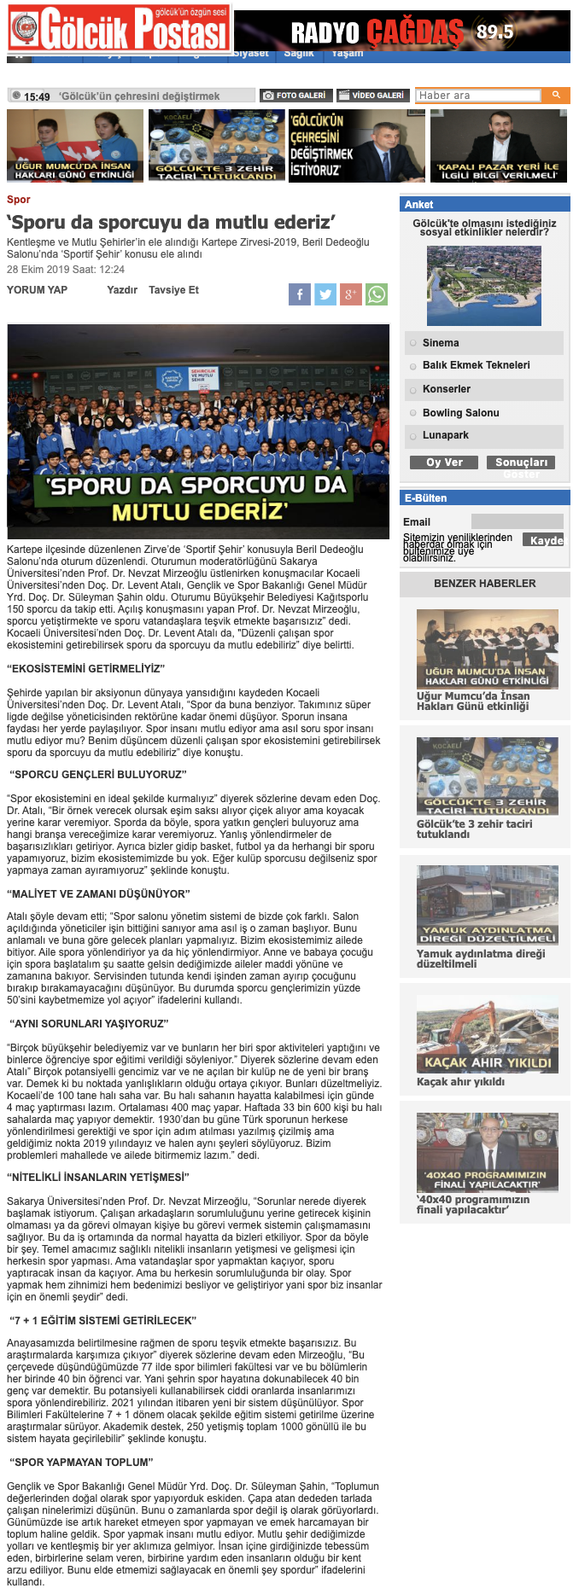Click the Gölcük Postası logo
119,31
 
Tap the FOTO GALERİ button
295,96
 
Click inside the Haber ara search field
478,96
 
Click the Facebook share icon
299,295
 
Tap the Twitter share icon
325,295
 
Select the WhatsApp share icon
376,295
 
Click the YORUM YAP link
37,290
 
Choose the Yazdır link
122,290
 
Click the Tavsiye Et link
173,290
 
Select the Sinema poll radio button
412,343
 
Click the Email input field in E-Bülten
517,521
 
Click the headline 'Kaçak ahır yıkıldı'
460,1082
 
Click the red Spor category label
18,200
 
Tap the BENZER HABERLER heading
484,584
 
